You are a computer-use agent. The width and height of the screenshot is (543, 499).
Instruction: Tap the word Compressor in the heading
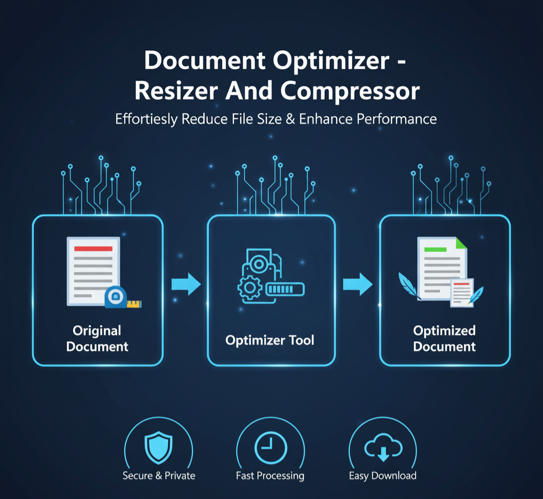(x=350, y=91)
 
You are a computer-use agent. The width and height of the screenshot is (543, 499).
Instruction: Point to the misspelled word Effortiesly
(x=145, y=119)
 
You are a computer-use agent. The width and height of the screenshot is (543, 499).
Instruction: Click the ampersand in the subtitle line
(x=291, y=119)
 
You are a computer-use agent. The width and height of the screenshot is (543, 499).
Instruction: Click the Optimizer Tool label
(x=270, y=340)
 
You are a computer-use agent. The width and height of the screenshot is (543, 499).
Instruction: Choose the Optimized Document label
(x=444, y=339)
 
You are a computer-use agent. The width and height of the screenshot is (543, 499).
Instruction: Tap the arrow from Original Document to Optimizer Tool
(x=186, y=285)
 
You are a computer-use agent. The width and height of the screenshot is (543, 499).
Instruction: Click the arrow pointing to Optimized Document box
(x=357, y=285)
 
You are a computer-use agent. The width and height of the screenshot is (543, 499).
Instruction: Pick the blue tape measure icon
(x=117, y=297)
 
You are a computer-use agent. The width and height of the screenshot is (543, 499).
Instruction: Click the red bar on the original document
(x=93, y=248)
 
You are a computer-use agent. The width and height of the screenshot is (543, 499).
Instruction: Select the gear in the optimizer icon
(x=249, y=288)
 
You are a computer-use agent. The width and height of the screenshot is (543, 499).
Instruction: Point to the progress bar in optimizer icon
(x=285, y=289)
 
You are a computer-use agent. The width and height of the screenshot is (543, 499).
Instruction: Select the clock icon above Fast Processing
(x=270, y=448)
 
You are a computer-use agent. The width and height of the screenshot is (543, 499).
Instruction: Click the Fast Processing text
(x=270, y=476)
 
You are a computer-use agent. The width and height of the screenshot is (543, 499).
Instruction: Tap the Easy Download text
(x=382, y=476)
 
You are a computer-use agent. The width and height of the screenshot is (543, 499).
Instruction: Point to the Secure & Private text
(x=159, y=476)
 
